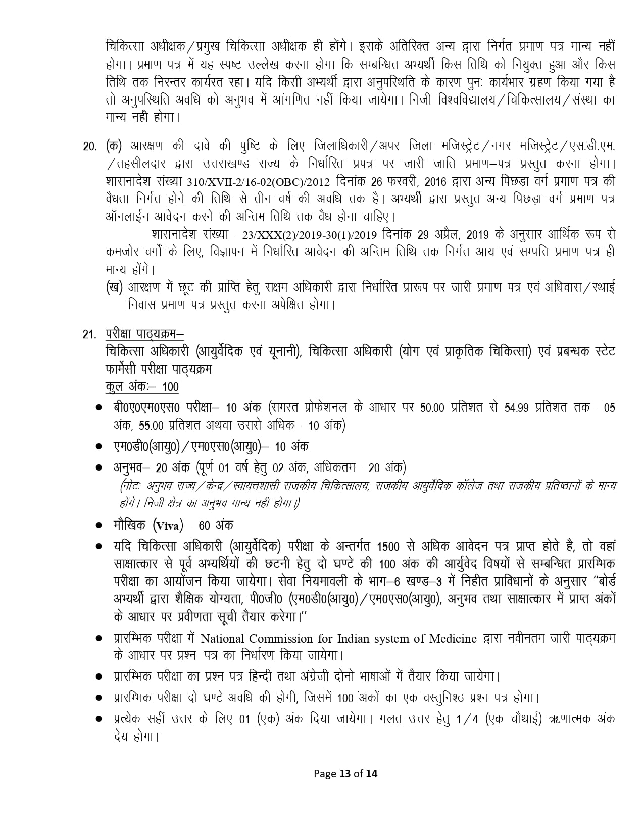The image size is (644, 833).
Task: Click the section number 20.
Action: pyautogui.click(x=89, y=147)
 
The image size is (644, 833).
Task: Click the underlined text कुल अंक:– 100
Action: pyautogui.click(x=142, y=387)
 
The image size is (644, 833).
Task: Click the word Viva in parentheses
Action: pyautogui.click(x=167, y=526)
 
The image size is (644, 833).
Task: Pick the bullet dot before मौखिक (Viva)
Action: pyautogui.click(x=100, y=526)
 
